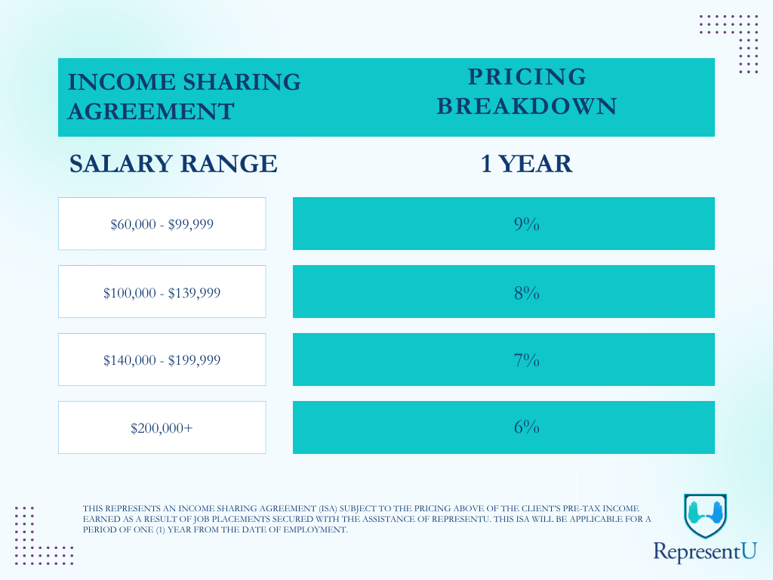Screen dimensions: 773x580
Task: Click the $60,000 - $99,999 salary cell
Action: tap(162, 224)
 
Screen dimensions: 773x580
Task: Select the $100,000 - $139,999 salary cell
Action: tap(162, 292)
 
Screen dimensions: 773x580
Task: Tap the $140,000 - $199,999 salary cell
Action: tap(162, 359)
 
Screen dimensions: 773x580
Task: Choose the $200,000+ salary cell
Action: tap(162, 427)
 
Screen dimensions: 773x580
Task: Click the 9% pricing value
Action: tap(526, 224)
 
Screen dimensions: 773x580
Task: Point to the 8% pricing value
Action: tap(526, 292)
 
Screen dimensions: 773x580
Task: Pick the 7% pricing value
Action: tap(526, 360)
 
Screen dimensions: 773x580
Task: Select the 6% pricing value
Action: tap(526, 427)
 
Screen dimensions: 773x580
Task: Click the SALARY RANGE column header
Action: tap(174, 163)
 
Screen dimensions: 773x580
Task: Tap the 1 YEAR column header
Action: tap(526, 163)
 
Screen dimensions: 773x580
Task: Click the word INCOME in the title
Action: tap(122, 82)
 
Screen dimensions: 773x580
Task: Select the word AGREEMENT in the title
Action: tap(151, 111)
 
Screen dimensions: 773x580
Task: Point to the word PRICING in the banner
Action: tap(527, 76)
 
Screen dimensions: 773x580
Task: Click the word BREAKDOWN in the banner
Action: tap(527, 106)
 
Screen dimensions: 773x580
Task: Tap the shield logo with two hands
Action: tap(706, 515)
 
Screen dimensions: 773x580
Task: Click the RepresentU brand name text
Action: tap(705, 551)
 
